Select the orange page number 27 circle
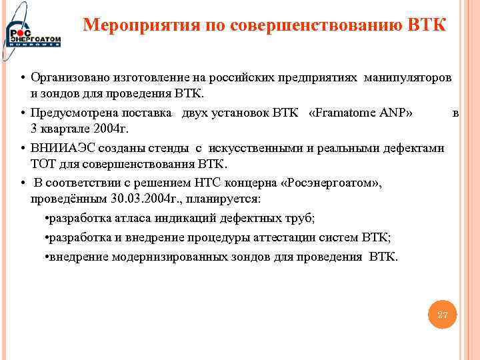pyautogui.click(x=442, y=314)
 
